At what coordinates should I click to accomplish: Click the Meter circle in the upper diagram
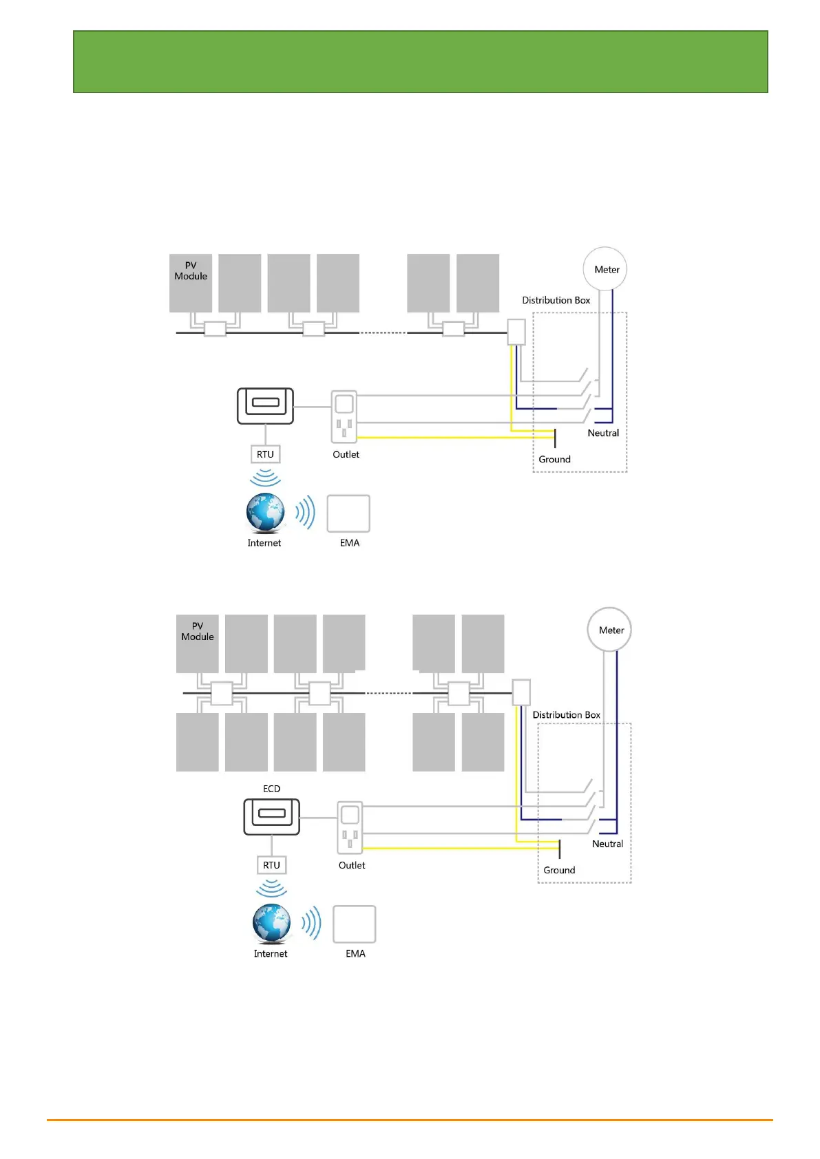tap(605, 269)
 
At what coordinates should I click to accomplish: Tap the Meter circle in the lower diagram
tap(610, 630)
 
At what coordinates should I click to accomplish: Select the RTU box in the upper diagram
tap(265, 454)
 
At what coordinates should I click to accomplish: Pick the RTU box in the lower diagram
tap(271, 865)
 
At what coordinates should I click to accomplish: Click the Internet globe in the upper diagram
tap(266, 513)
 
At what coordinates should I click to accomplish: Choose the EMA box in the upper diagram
tap(348, 513)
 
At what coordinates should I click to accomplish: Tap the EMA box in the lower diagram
tap(355, 924)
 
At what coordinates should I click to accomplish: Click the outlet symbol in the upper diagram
tap(344, 416)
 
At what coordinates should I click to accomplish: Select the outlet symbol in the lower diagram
tap(350, 827)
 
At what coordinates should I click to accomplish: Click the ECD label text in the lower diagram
tap(272, 789)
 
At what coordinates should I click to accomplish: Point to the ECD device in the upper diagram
tap(265, 406)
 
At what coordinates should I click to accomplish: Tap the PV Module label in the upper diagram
tap(191, 270)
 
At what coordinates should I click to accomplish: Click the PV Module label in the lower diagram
tap(198, 631)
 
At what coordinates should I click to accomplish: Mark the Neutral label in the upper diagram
tap(603, 433)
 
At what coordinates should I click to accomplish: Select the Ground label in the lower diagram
tap(559, 870)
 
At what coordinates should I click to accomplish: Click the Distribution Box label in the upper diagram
tap(556, 300)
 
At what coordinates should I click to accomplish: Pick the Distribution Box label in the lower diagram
tap(567, 715)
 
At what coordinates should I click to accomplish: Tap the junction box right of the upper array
tap(516, 332)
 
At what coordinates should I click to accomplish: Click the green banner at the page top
tap(420, 61)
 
